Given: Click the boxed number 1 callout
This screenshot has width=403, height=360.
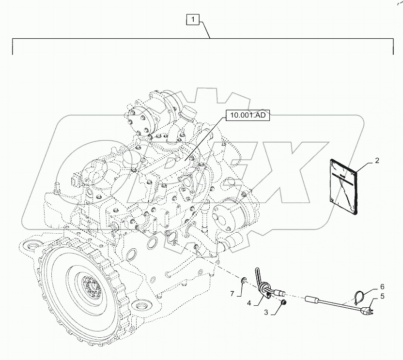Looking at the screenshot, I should click(x=193, y=20).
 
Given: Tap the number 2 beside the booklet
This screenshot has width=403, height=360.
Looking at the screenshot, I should click(x=377, y=163).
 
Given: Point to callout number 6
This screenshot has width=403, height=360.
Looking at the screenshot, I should click(x=382, y=286).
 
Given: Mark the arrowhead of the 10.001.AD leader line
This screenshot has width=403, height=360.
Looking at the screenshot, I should click(x=184, y=161).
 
